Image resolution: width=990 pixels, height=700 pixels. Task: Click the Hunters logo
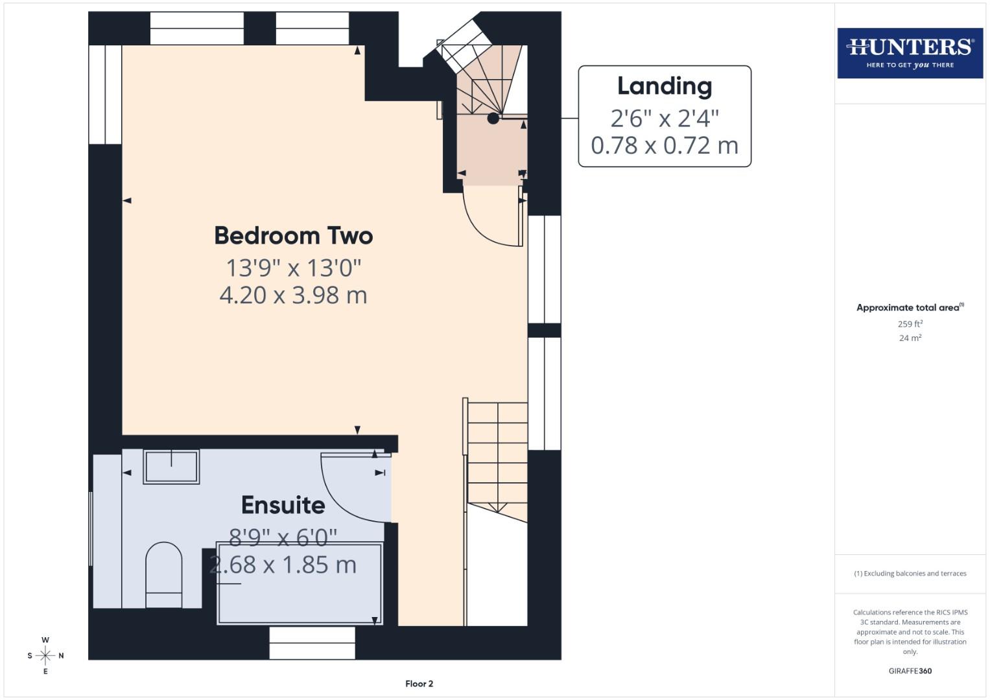pos(910,53)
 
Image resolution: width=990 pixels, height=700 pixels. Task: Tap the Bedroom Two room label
pos(293,236)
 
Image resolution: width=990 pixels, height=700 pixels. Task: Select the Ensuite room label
pos(283,505)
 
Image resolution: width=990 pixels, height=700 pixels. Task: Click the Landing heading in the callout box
pos(664,86)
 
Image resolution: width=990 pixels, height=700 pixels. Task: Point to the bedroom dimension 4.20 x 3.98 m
pos(293,296)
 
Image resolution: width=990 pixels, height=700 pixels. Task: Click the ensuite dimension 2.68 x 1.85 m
pos(283,565)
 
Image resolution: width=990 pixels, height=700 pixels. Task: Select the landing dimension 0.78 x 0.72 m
pos(664,145)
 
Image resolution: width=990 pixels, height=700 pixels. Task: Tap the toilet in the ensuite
pos(163,574)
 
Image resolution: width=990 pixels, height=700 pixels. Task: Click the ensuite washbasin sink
pos(171,467)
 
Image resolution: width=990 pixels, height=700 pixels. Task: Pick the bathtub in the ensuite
pos(299,583)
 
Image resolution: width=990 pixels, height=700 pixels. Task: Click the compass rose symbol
pos(45,656)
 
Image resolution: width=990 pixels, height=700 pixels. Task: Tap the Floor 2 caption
pos(419,684)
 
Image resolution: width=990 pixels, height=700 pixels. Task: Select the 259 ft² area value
pos(910,324)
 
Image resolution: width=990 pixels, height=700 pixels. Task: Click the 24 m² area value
pos(910,338)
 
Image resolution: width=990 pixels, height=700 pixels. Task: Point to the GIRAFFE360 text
pos(910,671)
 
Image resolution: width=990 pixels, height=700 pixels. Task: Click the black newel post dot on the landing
pos(493,118)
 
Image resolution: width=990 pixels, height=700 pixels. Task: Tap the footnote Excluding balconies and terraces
pos(910,574)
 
